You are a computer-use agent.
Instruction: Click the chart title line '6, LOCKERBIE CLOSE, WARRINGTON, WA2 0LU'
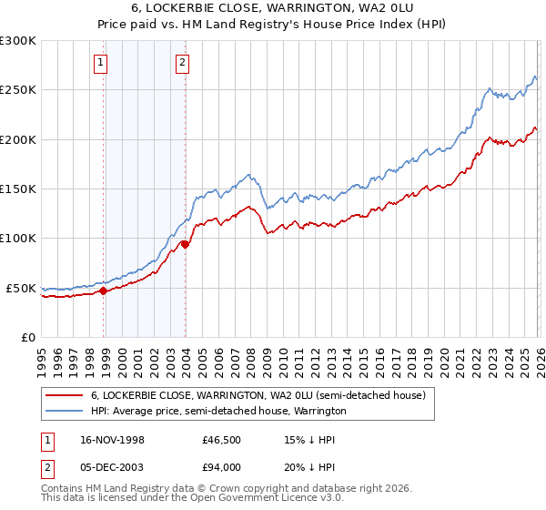tap(273, 8)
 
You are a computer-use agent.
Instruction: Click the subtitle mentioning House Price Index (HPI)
tap(273, 25)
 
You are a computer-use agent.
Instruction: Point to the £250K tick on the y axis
tap(18, 90)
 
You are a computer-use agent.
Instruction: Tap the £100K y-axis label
tap(18, 239)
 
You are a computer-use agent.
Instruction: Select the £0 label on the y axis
tap(27, 337)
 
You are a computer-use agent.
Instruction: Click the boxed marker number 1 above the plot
tap(100, 63)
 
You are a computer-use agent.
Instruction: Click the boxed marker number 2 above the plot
tap(183, 63)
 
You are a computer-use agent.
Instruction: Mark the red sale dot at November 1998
tap(104, 291)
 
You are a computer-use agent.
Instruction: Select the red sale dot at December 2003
tap(185, 244)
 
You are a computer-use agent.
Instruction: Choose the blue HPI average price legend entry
tap(218, 412)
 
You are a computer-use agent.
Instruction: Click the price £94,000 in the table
tap(221, 467)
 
